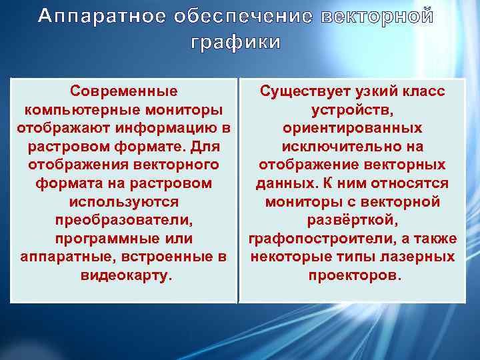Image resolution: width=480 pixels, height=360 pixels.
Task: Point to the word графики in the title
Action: (236, 43)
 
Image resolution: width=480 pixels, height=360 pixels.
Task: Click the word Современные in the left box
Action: (124, 91)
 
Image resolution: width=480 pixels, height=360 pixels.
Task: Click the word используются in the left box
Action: (124, 201)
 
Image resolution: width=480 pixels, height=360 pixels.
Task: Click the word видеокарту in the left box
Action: (124, 275)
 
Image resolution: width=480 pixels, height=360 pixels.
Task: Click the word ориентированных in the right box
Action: (352, 127)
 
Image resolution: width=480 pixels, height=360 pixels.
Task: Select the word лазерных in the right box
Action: (424, 257)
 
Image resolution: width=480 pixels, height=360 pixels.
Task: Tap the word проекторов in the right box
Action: (352, 275)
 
